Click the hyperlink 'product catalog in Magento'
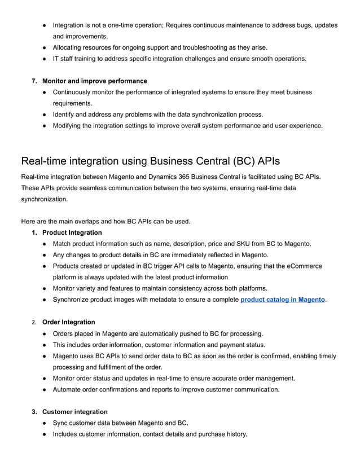tap(282, 300)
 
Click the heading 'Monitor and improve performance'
tap(94, 81)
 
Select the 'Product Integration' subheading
tap(72, 232)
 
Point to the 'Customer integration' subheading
tap(74, 412)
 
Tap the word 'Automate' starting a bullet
tap(68, 389)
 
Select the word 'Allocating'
tap(70, 47)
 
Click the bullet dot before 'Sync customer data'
tap(45, 423)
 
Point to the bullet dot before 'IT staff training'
tap(45, 59)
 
